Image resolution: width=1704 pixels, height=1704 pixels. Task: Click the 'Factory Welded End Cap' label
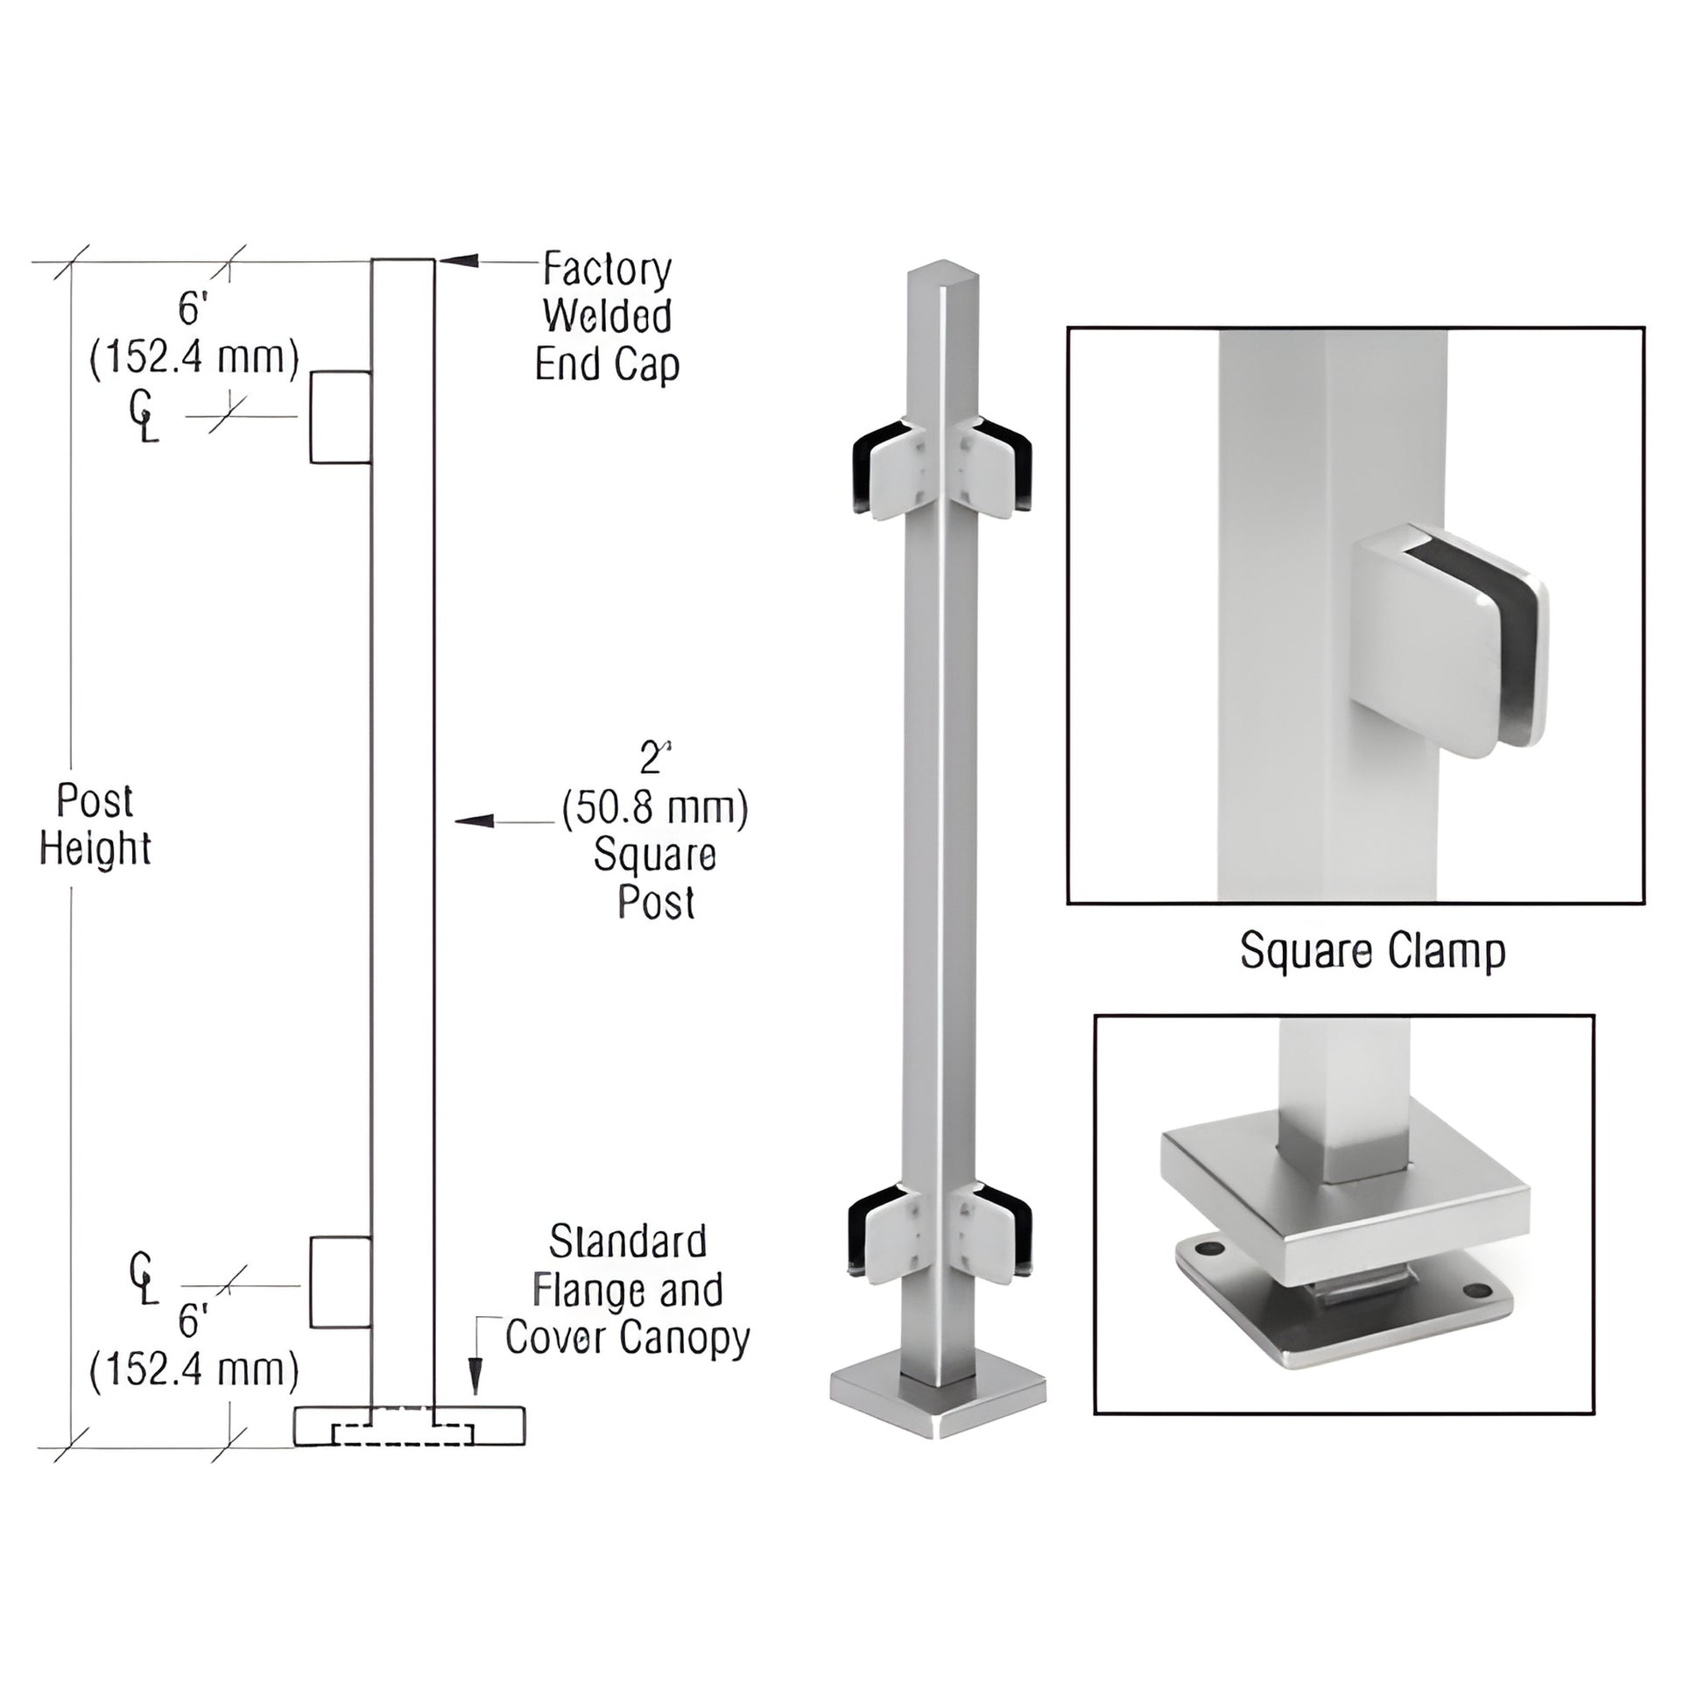click(607, 317)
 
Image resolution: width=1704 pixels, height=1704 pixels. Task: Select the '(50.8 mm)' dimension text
click(655, 808)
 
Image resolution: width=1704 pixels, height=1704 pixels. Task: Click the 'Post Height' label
click(95, 825)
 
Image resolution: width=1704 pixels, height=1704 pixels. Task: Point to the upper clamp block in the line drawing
click(341, 416)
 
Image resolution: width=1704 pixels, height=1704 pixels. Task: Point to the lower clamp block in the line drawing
click(341, 1283)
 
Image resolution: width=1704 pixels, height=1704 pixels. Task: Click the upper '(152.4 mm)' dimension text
click(194, 358)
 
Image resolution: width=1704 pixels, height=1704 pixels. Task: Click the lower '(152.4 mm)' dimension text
click(194, 1370)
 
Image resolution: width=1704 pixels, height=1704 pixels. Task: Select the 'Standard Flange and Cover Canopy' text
click(627, 1290)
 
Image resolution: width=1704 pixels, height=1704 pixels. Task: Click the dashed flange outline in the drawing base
click(402, 1435)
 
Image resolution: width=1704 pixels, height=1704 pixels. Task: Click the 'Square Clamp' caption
click(1372, 952)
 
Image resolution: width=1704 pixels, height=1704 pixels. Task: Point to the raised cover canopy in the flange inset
click(1344, 1201)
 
